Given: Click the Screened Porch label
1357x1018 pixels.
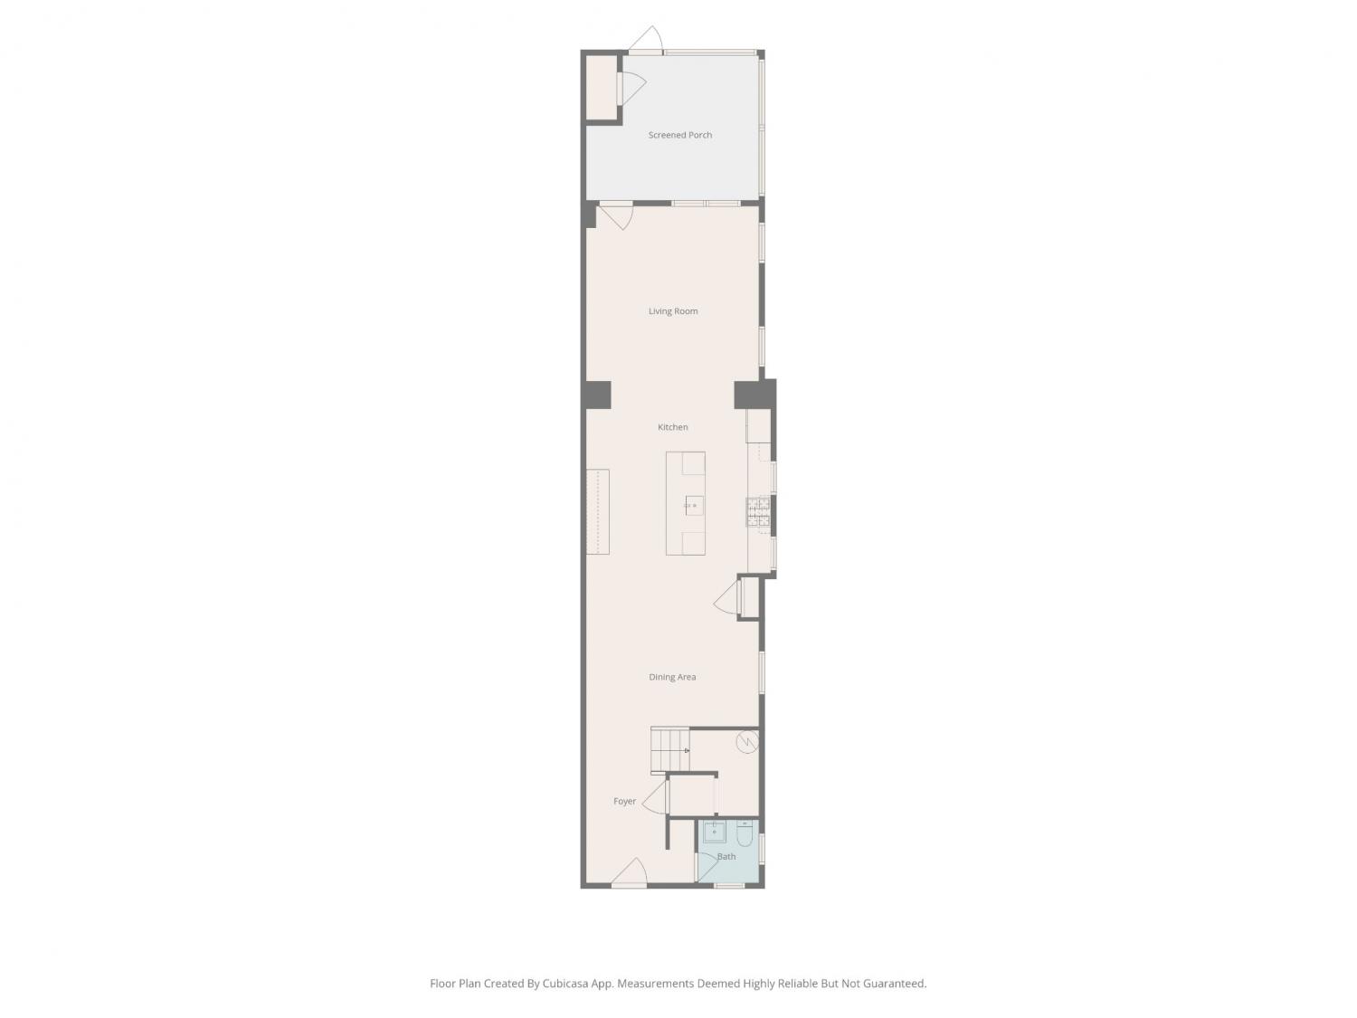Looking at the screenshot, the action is [x=679, y=135].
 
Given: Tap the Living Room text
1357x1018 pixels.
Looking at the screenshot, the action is [x=673, y=311].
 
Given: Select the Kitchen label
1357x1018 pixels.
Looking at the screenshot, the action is [x=673, y=427].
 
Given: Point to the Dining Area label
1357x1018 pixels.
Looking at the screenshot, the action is [x=672, y=677].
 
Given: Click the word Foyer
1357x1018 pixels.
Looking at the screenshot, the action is [x=624, y=801].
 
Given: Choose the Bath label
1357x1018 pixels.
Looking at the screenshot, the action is [x=726, y=856].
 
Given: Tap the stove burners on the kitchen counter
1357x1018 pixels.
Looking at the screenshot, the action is [x=758, y=512].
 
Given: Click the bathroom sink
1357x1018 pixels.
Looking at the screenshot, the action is [x=714, y=832].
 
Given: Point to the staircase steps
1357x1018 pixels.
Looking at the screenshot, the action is [x=669, y=750].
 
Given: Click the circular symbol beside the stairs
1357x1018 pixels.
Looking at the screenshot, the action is [x=747, y=742].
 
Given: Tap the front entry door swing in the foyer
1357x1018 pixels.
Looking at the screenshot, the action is [x=630, y=871].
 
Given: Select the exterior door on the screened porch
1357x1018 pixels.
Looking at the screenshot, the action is [x=646, y=39].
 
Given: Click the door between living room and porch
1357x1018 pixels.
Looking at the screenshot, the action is [x=616, y=216].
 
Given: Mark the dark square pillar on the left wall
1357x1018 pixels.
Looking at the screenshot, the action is [x=598, y=395].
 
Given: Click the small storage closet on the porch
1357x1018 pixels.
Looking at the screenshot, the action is [x=601, y=88].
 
